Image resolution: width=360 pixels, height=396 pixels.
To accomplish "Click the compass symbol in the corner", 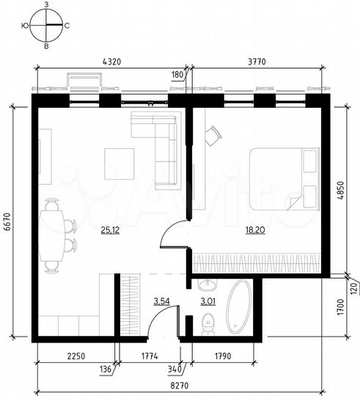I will tap(45, 25).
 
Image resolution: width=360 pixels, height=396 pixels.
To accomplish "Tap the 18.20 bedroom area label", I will tap(256, 230).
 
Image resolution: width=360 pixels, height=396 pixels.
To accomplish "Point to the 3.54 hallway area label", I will tap(161, 300).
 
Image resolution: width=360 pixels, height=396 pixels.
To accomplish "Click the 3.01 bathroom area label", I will tap(209, 300).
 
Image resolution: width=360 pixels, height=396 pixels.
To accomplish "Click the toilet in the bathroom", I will tap(207, 322).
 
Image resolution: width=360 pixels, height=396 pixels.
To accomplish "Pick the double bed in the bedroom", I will tap(284, 179).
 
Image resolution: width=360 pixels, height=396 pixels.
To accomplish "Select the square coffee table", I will tap(119, 164).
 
